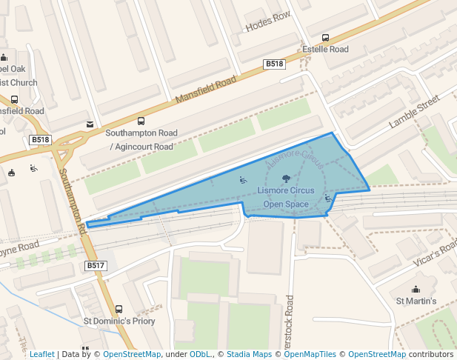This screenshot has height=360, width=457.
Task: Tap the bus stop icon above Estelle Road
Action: pos(325,38)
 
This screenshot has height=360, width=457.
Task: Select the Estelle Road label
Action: pos(325,50)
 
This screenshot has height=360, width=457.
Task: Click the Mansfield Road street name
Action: pos(205,89)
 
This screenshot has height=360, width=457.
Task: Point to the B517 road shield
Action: pos(96,265)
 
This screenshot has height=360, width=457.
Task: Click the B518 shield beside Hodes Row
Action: pos(275,64)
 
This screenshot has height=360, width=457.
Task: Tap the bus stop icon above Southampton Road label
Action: pos(141,121)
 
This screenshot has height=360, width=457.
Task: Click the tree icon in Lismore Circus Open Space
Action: pos(286,179)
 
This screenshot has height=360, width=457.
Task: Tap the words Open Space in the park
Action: pos(286,204)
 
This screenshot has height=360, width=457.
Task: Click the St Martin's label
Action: pos(416,301)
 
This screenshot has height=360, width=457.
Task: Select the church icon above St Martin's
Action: pos(416,289)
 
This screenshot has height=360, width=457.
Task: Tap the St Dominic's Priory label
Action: pos(119,321)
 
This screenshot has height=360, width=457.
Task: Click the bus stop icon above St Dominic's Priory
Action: pos(119,309)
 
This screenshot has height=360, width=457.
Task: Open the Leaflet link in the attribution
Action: pos(41,354)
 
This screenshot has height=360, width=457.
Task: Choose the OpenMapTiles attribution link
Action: pos(311,354)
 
